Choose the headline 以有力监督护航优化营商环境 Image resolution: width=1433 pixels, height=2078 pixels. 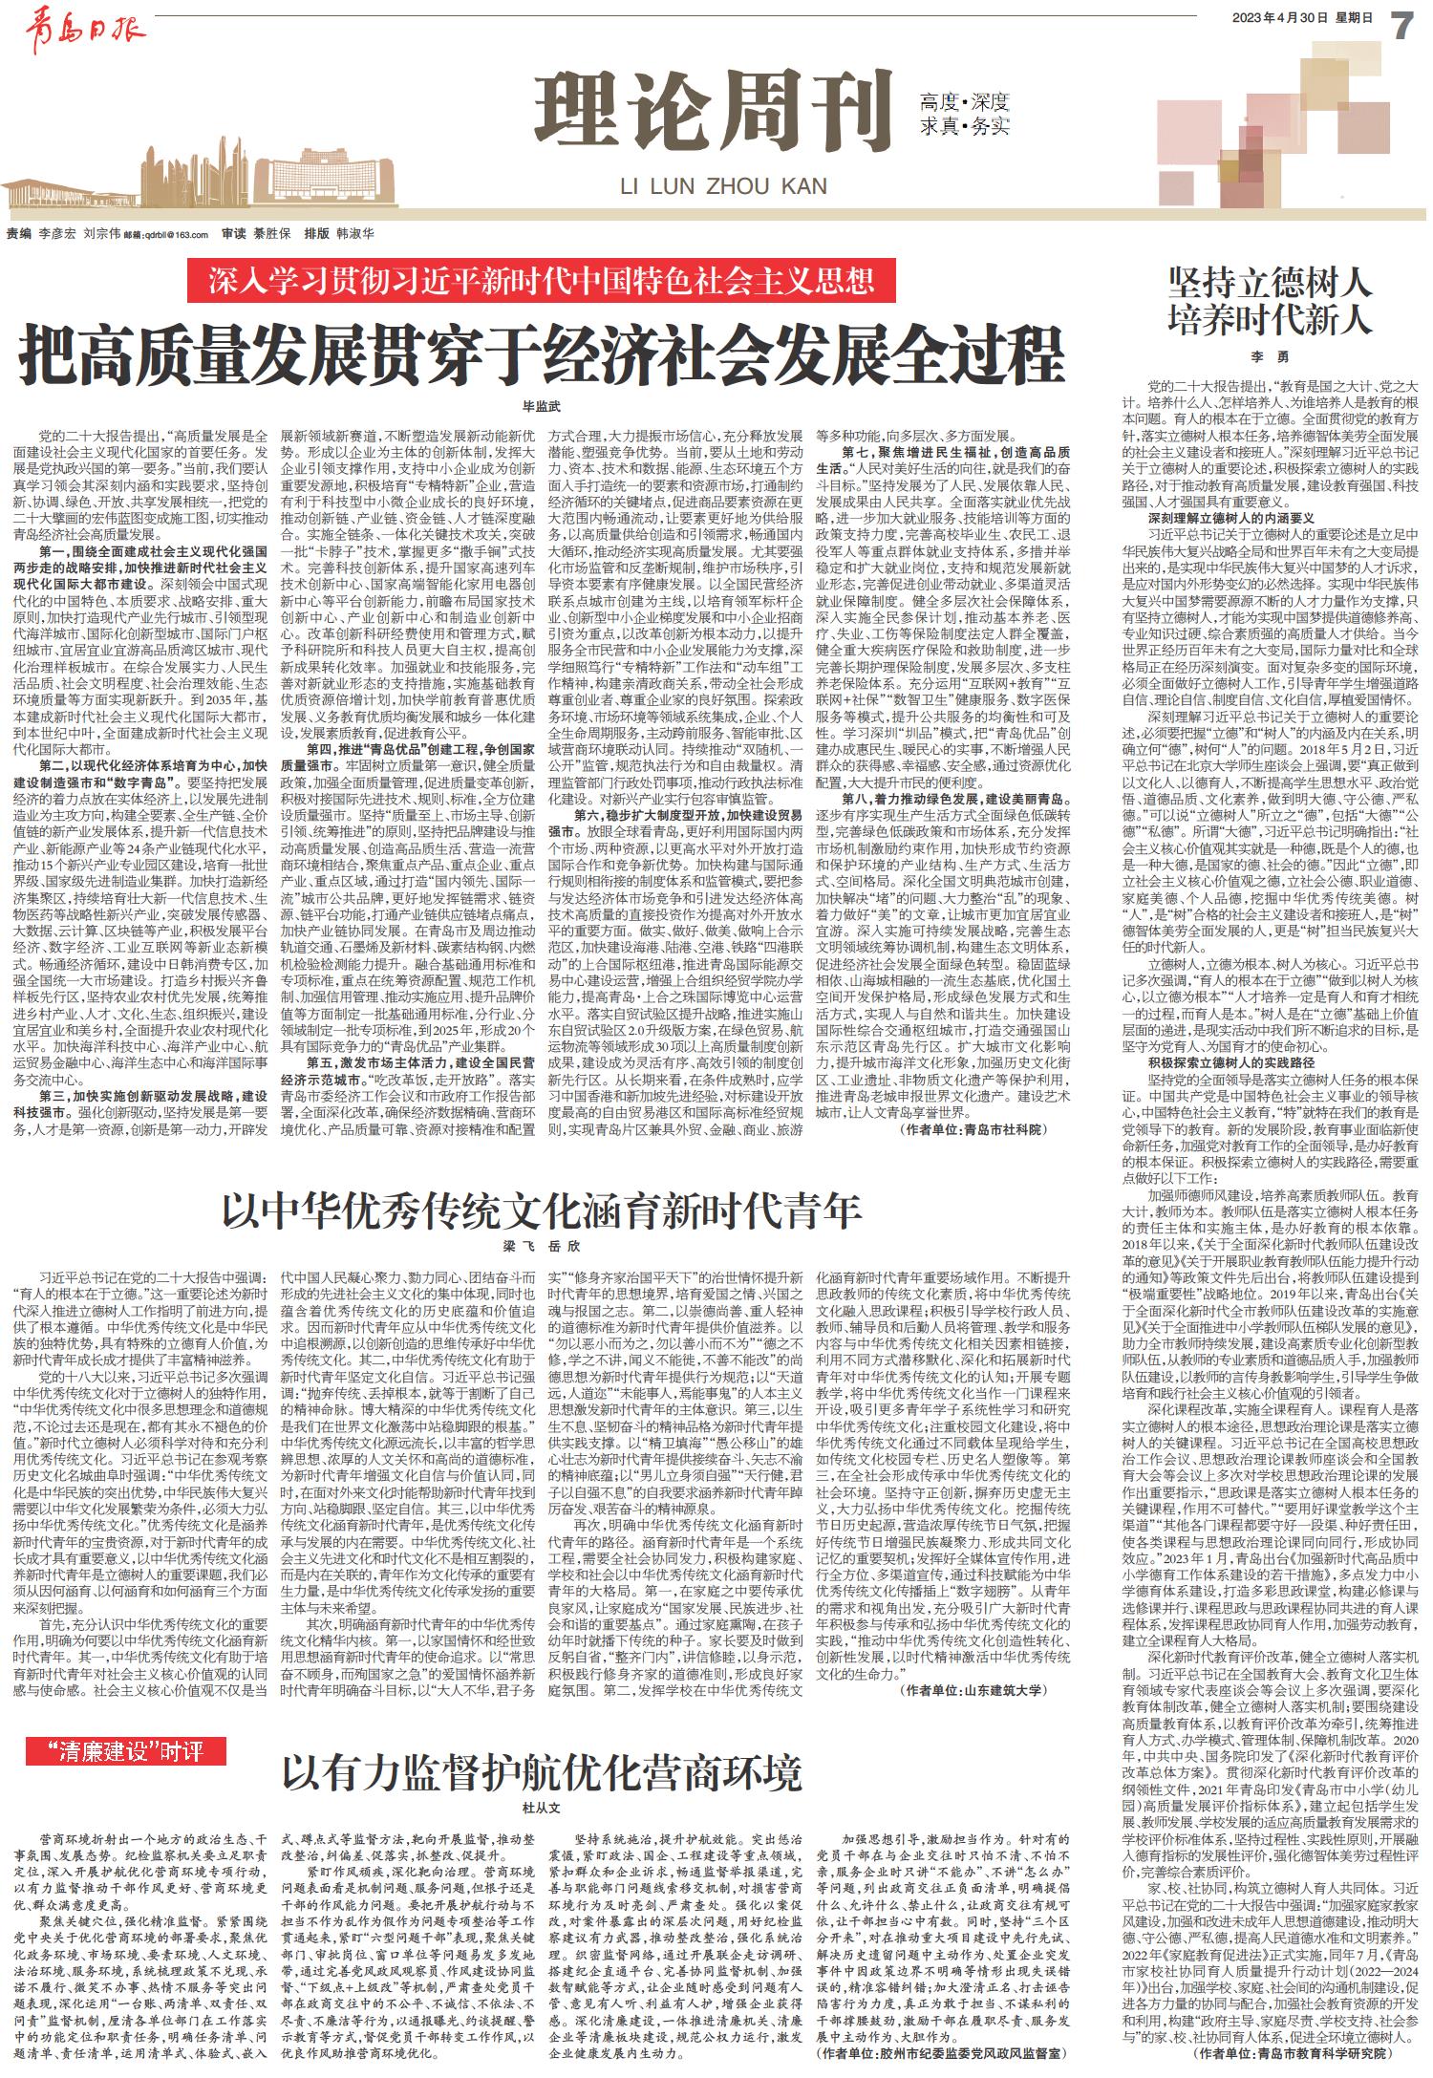(x=542, y=1772)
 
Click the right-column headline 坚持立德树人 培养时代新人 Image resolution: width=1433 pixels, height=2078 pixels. (x=1270, y=302)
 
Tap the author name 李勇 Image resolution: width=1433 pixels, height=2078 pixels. (x=1270, y=357)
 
